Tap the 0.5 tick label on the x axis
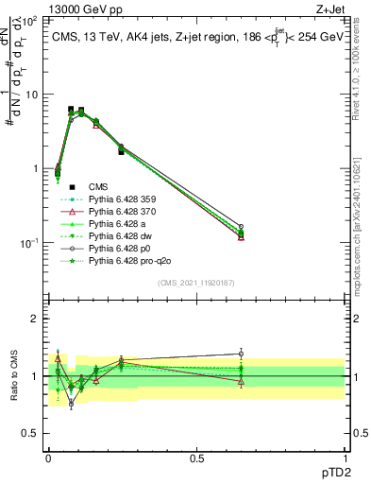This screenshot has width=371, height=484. [196, 457]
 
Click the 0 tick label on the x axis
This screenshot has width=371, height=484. [48, 457]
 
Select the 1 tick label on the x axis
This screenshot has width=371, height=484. [345, 457]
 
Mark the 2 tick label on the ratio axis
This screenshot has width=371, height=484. [36, 319]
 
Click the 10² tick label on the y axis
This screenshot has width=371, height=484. [29, 21]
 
